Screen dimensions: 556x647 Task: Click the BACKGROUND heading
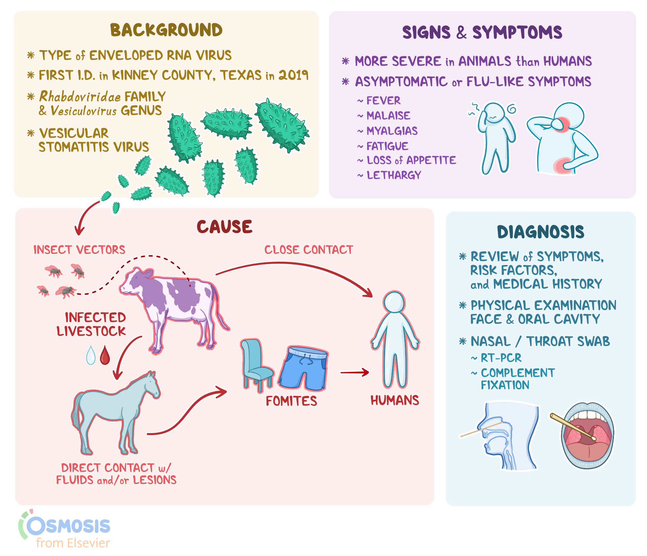point(166,30)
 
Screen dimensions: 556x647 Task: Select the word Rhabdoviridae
point(80,97)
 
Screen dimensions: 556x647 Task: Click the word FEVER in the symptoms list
point(383,100)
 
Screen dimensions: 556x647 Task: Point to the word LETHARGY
point(394,175)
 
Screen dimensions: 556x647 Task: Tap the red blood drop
point(105,355)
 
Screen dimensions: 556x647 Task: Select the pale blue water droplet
point(91,356)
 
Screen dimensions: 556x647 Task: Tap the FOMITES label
point(291,401)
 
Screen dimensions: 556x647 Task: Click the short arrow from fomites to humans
point(355,372)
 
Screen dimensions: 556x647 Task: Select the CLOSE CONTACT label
point(308,250)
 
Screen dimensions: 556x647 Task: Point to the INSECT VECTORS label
point(79,250)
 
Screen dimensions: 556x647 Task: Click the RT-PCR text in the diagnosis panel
point(501,358)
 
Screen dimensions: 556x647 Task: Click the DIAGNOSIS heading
point(541,232)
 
